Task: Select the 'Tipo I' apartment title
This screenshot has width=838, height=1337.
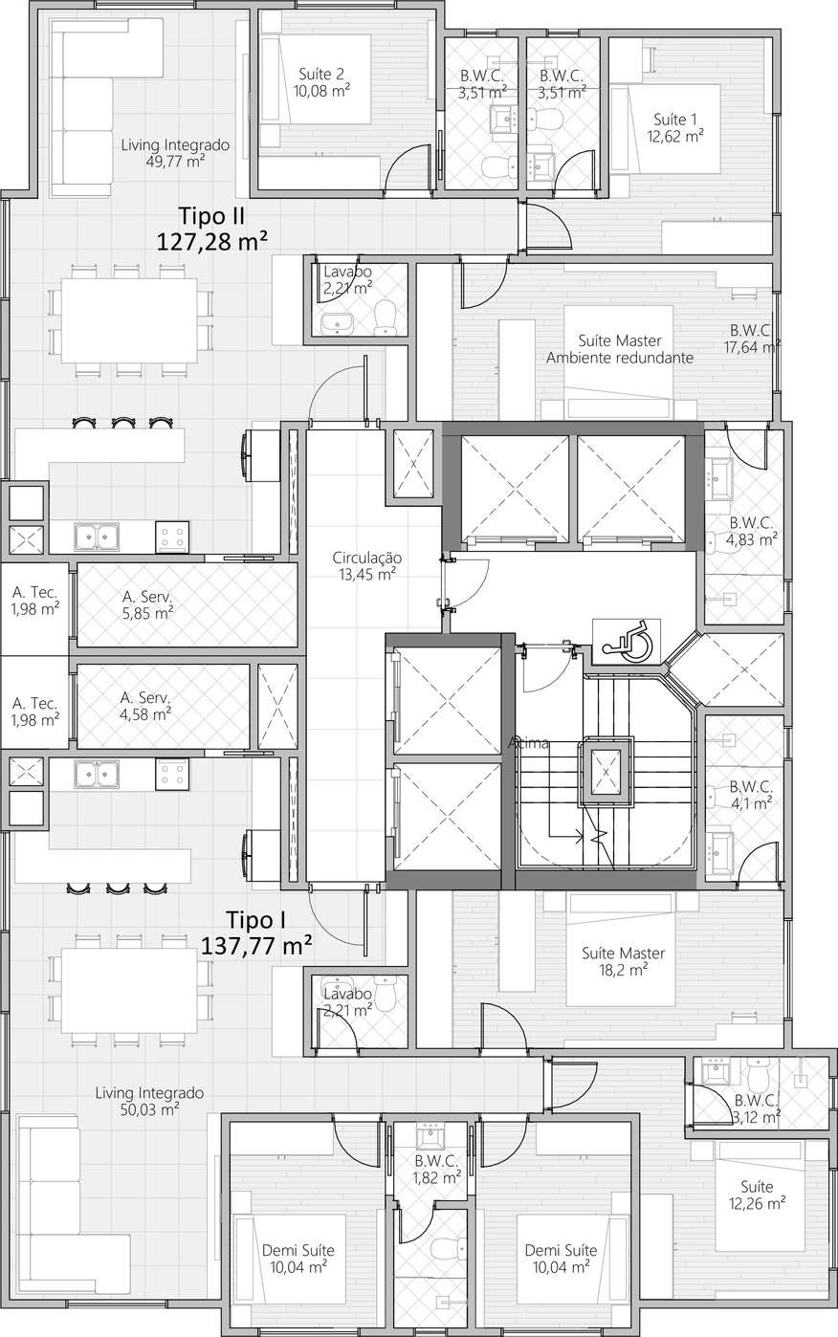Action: (256, 920)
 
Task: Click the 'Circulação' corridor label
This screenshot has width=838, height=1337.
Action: (367, 558)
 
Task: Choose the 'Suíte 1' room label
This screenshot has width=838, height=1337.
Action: (675, 120)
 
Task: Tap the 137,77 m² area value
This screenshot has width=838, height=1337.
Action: (258, 946)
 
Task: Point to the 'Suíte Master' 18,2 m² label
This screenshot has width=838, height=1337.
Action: (622, 953)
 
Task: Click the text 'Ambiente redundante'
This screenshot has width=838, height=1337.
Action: (620, 358)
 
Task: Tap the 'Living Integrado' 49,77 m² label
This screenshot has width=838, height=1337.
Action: (175, 145)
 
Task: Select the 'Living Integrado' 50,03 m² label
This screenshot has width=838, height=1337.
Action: (149, 1092)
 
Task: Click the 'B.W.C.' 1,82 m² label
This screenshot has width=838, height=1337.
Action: (437, 1161)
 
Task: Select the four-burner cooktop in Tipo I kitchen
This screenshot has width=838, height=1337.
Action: (172, 774)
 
